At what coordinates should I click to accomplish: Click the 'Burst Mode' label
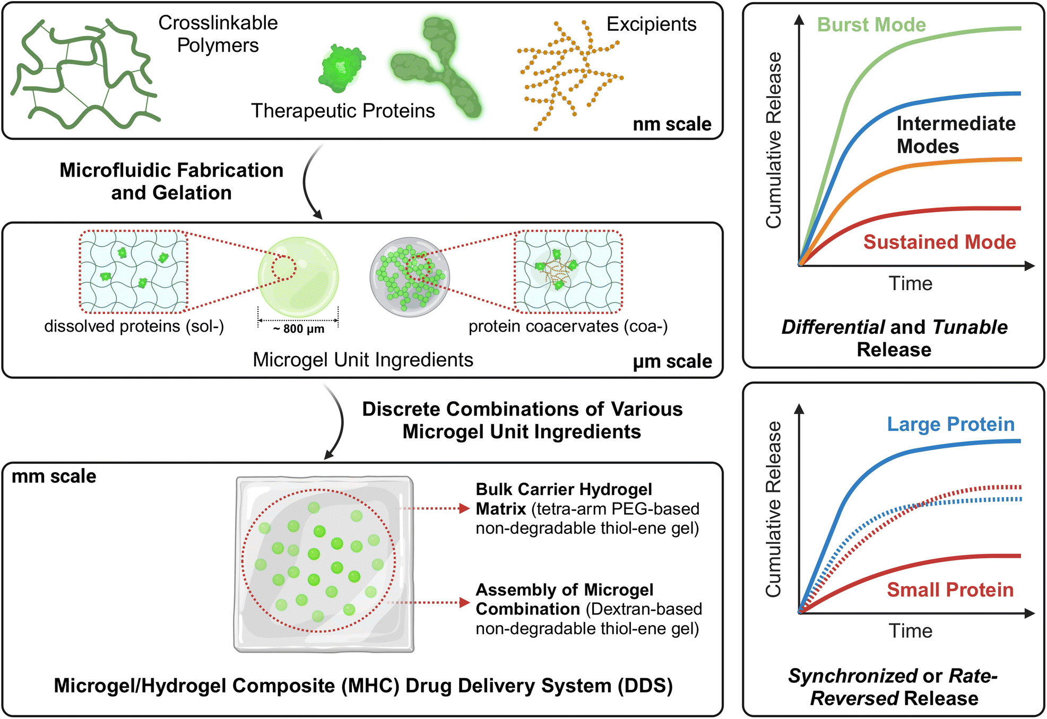pyautogui.click(x=871, y=25)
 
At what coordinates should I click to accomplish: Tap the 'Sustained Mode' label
pyautogui.click(x=939, y=242)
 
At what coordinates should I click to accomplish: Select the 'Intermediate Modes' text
pyautogui.click(x=955, y=135)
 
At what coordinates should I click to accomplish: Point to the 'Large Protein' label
pyautogui.click(x=950, y=424)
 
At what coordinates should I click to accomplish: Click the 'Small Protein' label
pyautogui.click(x=950, y=590)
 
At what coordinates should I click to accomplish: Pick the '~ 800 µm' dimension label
pyautogui.click(x=298, y=329)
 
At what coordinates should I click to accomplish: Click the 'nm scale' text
pyautogui.click(x=672, y=124)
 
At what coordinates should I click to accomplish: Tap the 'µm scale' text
pyautogui.click(x=672, y=361)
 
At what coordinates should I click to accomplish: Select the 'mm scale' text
pyautogui.click(x=54, y=477)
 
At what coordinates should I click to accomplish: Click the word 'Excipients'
pyautogui.click(x=651, y=24)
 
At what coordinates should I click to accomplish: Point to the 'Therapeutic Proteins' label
pyautogui.click(x=343, y=111)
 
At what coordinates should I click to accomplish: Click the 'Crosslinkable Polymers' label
pyautogui.click(x=218, y=34)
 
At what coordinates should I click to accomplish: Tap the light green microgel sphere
pyautogui.click(x=298, y=277)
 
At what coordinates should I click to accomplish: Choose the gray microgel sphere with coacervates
pyautogui.click(x=410, y=277)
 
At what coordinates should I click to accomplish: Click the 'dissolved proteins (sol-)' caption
pyautogui.click(x=134, y=326)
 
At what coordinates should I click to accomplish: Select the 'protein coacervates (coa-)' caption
pyautogui.click(x=568, y=326)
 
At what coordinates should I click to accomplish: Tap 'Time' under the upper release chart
pyautogui.click(x=910, y=283)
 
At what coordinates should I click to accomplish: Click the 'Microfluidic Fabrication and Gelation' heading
pyautogui.click(x=171, y=181)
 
